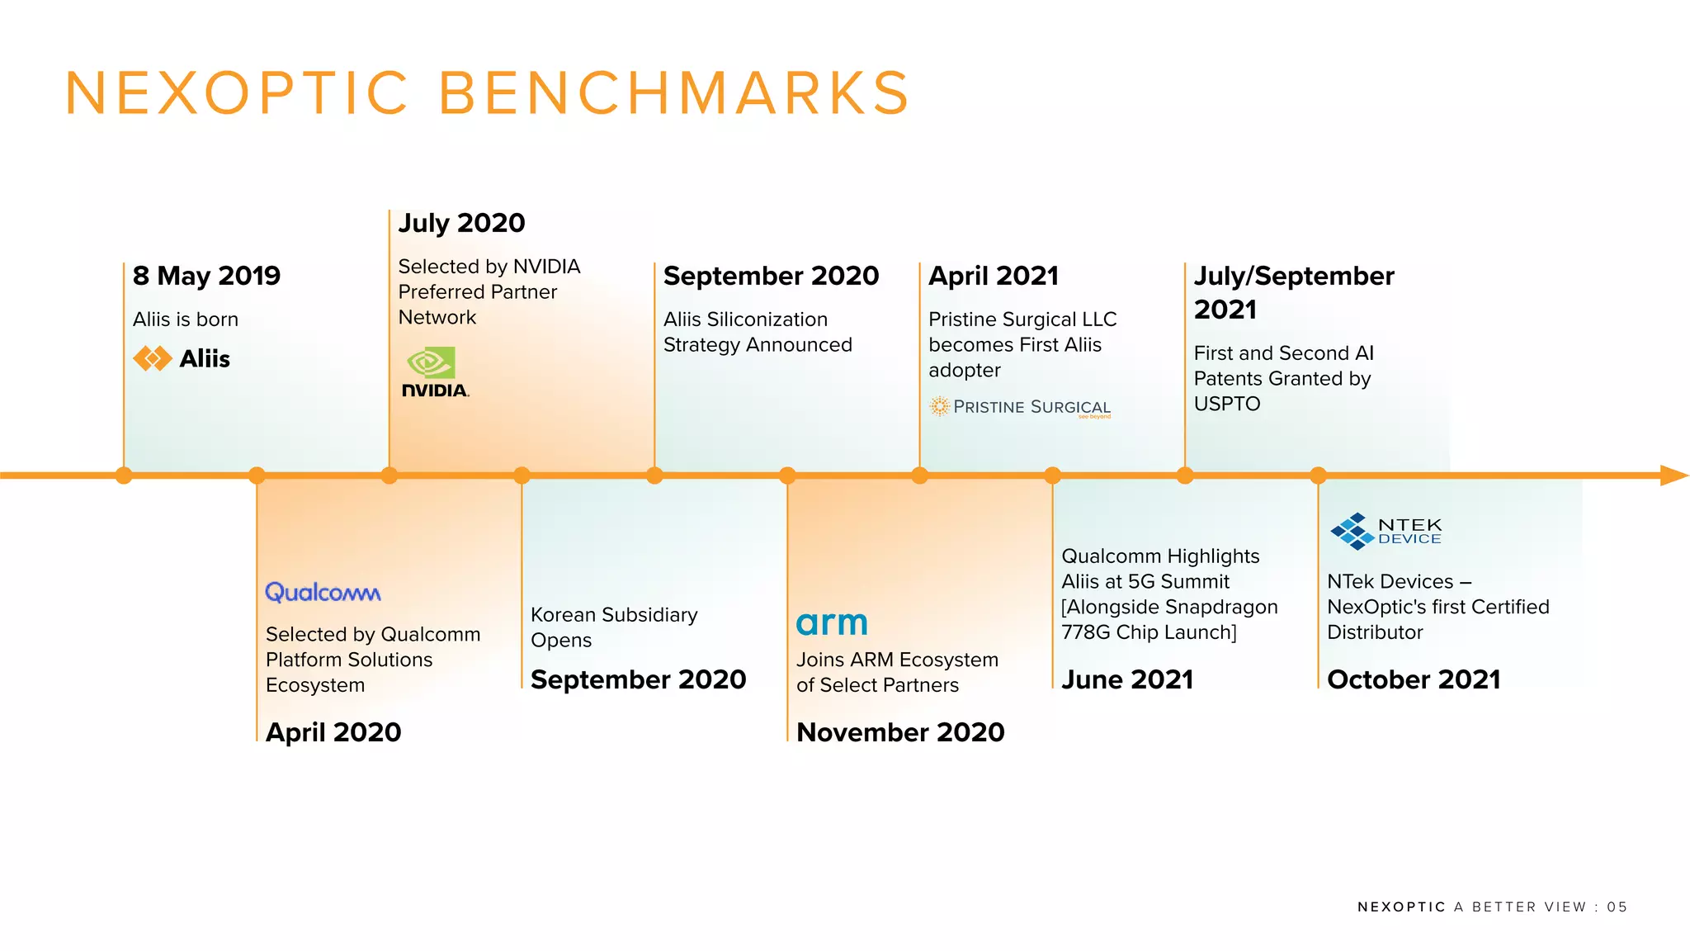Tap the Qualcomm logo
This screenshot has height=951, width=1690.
[x=323, y=592]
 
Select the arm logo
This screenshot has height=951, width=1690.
[x=832, y=622]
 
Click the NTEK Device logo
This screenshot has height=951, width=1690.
[x=1386, y=531]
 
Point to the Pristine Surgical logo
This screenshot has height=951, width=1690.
[x=1020, y=407]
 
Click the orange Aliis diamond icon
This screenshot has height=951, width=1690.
[x=153, y=358]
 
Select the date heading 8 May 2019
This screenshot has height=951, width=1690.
[x=206, y=276]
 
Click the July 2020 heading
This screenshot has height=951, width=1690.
[x=461, y=223]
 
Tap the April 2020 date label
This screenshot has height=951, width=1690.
[x=333, y=732]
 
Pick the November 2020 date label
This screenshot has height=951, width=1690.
[x=900, y=732]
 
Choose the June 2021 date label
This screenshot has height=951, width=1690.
[x=1127, y=679]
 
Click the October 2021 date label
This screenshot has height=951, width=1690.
[x=1414, y=679]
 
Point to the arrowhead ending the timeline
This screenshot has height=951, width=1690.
[x=1673, y=475]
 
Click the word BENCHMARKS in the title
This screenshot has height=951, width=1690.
[x=673, y=92]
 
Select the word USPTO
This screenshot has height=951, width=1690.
[x=1227, y=405]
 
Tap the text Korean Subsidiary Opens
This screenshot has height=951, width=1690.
[x=613, y=627]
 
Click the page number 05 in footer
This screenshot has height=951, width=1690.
[x=1617, y=907]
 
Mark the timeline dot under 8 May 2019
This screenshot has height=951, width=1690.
[x=124, y=475]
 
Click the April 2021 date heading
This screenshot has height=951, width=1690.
[x=994, y=276]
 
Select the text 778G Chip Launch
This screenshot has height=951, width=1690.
[x=1149, y=632]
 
